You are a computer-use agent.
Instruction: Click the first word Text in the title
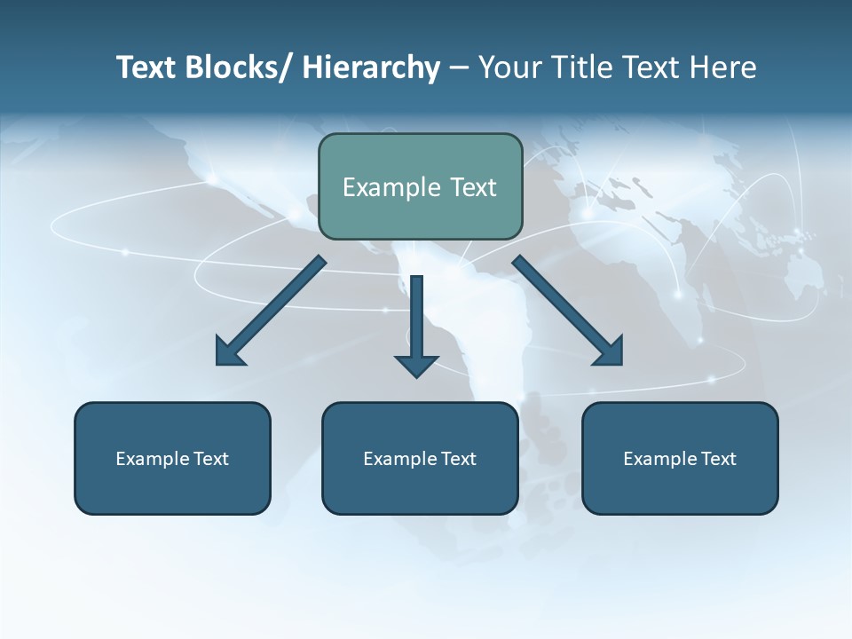(147, 68)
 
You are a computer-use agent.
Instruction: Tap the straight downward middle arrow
(416, 319)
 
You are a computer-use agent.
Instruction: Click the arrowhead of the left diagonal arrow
(230, 352)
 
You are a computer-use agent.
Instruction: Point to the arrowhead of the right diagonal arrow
(610, 352)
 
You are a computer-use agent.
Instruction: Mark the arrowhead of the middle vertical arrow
(416, 365)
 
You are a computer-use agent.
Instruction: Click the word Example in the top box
(391, 187)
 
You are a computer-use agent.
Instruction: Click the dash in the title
(459, 68)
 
